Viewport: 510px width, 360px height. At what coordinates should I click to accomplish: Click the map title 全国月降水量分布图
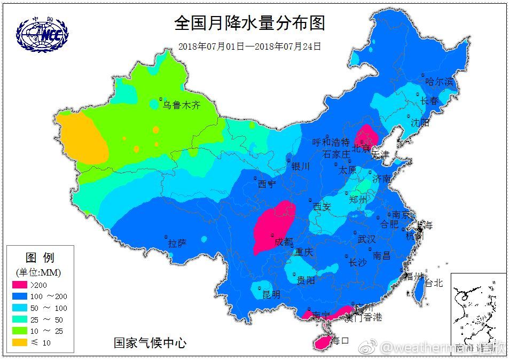(249, 24)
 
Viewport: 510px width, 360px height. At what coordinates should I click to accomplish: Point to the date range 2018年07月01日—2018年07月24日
(249, 46)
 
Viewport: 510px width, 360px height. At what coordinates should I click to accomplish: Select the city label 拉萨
(177, 244)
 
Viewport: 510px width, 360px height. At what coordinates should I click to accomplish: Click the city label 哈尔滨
(439, 82)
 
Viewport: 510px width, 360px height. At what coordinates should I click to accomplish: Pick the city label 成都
(284, 241)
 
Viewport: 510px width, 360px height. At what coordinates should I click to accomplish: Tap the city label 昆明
(271, 294)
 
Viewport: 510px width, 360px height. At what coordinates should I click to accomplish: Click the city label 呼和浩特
(331, 143)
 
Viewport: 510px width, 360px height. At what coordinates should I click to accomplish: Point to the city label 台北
(433, 283)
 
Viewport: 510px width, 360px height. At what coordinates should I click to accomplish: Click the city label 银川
(300, 167)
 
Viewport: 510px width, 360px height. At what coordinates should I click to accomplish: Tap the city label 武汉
(366, 239)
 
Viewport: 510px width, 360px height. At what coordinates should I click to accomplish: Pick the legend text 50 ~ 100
(49, 308)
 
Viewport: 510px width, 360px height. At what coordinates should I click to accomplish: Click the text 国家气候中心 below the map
(150, 343)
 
